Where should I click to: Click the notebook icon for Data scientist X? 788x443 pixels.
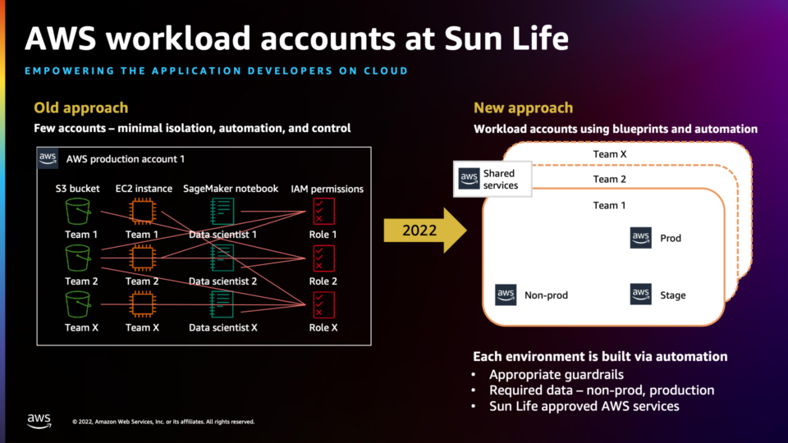222,305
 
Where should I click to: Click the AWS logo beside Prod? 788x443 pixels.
640,238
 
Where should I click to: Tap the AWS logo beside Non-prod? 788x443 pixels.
506,295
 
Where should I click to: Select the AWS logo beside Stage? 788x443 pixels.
640,295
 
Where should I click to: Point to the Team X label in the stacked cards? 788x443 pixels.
609,154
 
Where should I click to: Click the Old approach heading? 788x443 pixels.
80,107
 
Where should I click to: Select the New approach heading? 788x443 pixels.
523,107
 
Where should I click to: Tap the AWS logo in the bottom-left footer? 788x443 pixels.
39,421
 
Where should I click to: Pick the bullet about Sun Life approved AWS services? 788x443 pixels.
584,406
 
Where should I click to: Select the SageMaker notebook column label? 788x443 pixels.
231,189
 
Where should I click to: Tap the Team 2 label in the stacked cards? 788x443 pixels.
609,179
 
